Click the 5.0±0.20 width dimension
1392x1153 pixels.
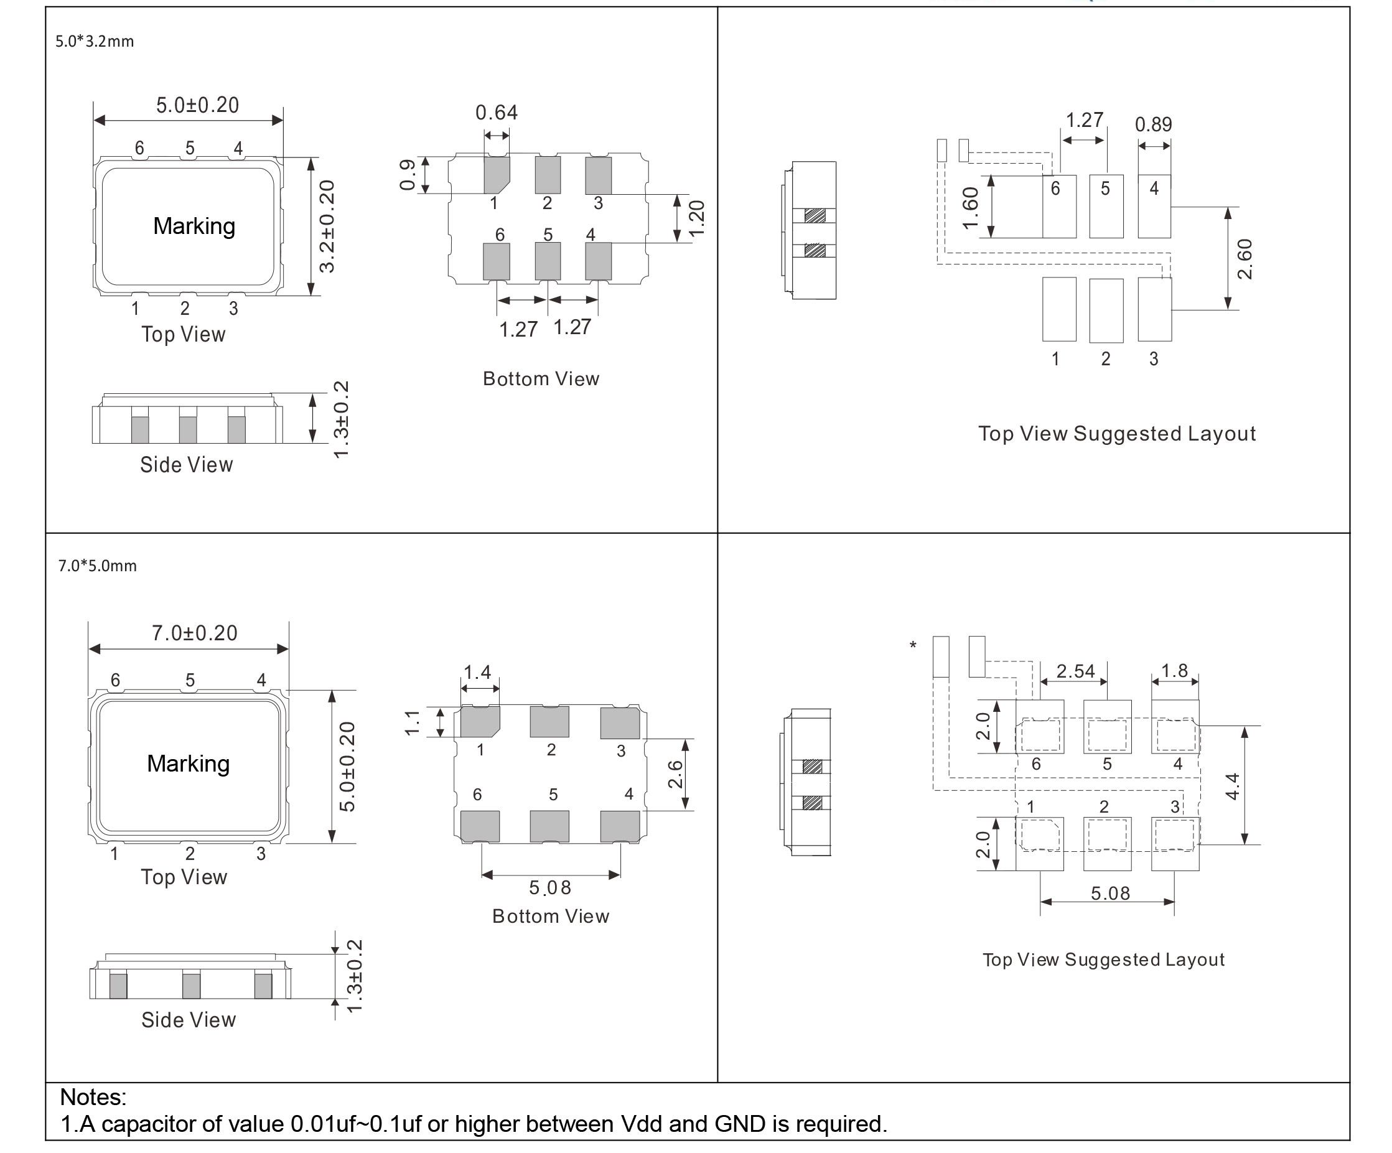click(x=197, y=105)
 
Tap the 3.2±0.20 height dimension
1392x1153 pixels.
click(x=327, y=226)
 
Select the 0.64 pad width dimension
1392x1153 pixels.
click(x=496, y=113)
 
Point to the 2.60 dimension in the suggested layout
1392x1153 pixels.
click(x=1245, y=258)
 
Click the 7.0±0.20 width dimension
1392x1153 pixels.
click(x=194, y=633)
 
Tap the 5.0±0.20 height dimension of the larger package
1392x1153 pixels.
click(x=347, y=766)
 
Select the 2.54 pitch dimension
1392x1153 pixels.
click(x=1075, y=671)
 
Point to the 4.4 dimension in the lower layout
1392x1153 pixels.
click(x=1231, y=786)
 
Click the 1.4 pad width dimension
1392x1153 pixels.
click(x=477, y=673)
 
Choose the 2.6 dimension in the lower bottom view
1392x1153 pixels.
click(x=675, y=774)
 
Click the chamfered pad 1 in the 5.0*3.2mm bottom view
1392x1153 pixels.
click(x=496, y=174)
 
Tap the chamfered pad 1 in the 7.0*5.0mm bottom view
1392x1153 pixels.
click(x=479, y=722)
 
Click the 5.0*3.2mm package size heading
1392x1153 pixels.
click(x=94, y=42)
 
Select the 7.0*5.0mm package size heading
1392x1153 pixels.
click(x=97, y=566)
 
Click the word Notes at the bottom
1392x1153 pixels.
click(x=93, y=1098)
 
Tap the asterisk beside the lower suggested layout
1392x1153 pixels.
click(x=913, y=645)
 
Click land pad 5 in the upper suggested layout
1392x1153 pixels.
click(x=1106, y=206)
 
